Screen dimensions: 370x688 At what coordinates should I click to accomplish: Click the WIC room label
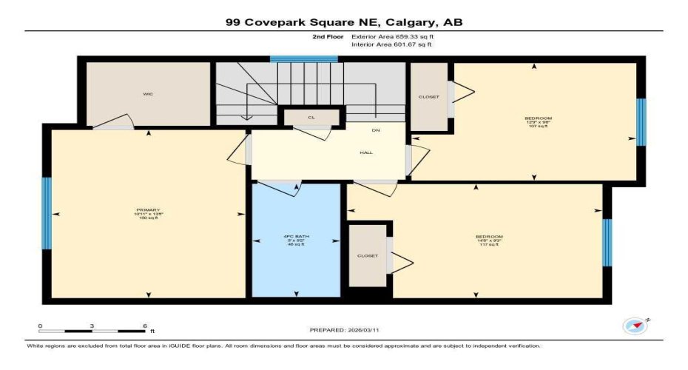pyautogui.click(x=149, y=95)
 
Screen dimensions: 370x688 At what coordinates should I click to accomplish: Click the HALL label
pyautogui.click(x=365, y=153)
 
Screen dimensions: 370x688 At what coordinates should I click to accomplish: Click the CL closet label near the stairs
pyautogui.click(x=311, y=118)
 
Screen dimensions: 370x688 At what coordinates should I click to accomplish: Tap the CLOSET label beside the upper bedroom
pyautogui.click(x=428, y=97)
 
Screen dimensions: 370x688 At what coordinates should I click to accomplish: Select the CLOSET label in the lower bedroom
pyautogui.click(x=368, y=256)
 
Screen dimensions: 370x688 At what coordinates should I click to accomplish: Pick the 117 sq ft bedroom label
pyautogui.click(x=488, y=240)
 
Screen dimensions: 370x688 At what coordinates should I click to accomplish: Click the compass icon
pyautogui.click(x=634, y=326)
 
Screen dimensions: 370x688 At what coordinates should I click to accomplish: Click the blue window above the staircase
pyautogui.click(x=303, y=58)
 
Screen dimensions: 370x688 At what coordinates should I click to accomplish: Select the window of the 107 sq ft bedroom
pyautogui.click(x=641, y=122)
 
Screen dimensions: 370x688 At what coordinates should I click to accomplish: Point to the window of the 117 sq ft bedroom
pyautogui.click(x=607, y=242)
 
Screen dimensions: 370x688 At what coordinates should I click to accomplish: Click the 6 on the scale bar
pyautogui.click(x=145, y=326)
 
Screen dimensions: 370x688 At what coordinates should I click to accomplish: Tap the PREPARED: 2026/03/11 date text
pyautogui.click(x=344, y=330)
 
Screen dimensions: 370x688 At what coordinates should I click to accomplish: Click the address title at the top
pyautogui.click(x=344, y=23)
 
